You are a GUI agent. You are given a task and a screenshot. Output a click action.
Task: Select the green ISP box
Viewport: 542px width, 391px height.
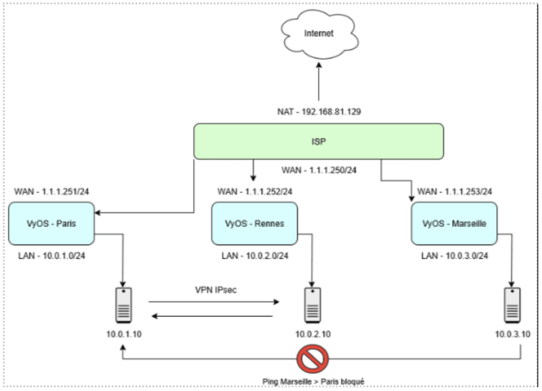click(x=319, y=141)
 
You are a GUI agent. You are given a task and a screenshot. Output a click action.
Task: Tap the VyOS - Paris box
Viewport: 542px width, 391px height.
click(x=51, y=223)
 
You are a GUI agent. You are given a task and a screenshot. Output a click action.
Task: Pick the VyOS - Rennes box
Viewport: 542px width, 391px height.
click(x=254, y=223)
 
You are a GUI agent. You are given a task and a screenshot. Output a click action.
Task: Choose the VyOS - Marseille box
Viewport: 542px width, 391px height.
click(x=454, y=223)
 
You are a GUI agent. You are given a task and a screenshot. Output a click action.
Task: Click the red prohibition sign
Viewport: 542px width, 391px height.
click(x=313, y=359)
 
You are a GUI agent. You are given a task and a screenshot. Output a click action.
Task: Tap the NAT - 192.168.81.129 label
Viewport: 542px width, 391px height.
click(x=319, y=113)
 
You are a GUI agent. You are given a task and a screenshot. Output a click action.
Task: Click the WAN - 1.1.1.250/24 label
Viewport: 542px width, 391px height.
click(x=319, y=170)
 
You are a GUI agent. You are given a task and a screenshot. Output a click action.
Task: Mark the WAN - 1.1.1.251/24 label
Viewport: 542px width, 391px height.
click(x=51, y=191)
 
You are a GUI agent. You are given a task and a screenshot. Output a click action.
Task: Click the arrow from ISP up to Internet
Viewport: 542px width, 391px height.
click(x=319, y=83)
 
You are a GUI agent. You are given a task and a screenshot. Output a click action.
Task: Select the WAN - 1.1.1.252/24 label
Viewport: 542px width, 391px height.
click(x=255, y=191)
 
